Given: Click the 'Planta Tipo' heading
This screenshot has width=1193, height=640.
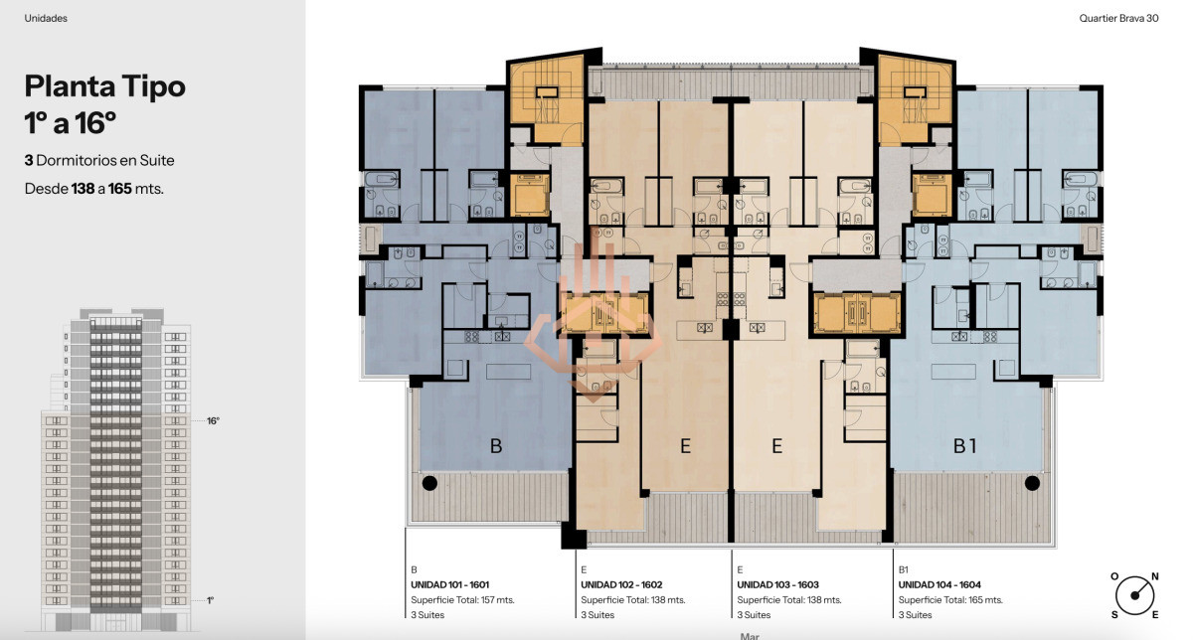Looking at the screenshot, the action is pyautogui.click(x=105, y=86).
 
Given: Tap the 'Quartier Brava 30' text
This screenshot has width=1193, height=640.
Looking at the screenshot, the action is pyautogui.click(x=1118, y=18).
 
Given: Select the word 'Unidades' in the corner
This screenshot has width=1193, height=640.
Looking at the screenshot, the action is pyautogui.click(x=46, y=18).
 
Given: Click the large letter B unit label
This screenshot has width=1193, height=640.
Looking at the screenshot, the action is pyautogui.click(x=496, y=445).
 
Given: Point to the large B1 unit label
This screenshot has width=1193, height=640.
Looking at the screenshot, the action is pyautogui.click(x=964, y=445).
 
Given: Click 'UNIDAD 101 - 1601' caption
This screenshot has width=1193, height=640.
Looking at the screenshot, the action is pyautogui.click(x=450, y=584).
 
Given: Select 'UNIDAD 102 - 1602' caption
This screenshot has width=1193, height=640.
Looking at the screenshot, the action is pyautogui.click(x=621, y=584).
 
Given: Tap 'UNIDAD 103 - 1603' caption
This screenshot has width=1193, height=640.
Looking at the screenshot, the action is pyautogui.click(x=777, y=584).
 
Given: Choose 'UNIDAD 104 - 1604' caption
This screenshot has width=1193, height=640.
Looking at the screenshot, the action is pyautogui.click(x=939, y=584).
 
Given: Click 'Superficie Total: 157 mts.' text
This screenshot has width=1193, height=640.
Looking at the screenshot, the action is pyautogui.click(x=462, y=600).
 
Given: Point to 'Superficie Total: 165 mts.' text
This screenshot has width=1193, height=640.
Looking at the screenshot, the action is pyautogui.click(x=950, y=600).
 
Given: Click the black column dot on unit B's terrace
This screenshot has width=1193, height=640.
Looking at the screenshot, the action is pyautogui.click(x=429, y=483).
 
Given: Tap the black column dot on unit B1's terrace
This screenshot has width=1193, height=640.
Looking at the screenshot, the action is pyautogui.click(x=1032, y=483).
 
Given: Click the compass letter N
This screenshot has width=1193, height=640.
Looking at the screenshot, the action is pyautogui.click(x=1154, y=576).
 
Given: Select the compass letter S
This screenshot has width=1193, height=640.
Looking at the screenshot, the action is pyautogui.click(x=1114, y=615).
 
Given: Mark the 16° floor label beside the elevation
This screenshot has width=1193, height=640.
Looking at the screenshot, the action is pyautogui.click(x=213, y=421).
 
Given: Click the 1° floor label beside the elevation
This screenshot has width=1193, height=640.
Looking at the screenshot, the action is pyautogui.click(x=211, y=600).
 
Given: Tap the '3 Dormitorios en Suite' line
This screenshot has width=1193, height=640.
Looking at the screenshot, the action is pyautogui.click(x=99, y=160).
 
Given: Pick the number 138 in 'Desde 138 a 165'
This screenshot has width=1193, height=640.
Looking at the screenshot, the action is pyautogui.click(x=83, y=189).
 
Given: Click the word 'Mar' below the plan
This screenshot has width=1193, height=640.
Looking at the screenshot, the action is pyautogui.click(x=750, y=636).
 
